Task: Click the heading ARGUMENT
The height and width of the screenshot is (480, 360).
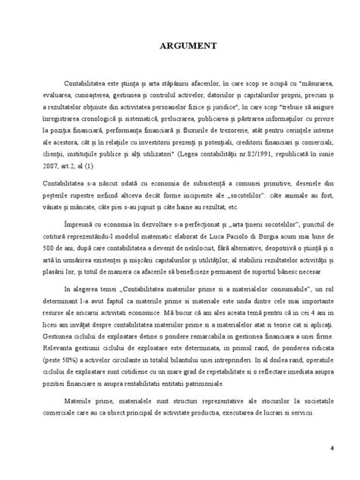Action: point(179,46)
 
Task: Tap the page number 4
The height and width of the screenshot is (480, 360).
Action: point(333,447)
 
